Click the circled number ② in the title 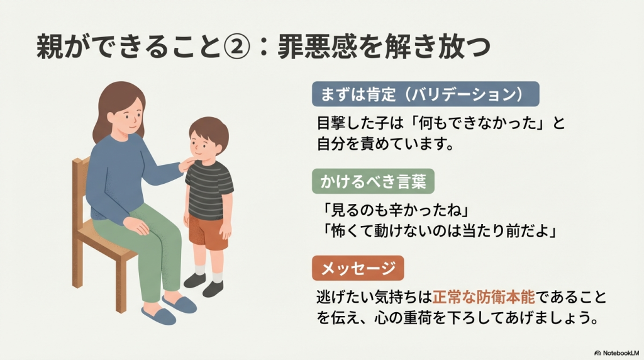[x=236, y=47]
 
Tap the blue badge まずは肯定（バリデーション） [x=426, y=94]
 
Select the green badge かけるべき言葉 [x=373, y=181]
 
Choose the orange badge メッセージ [x=358, y=268]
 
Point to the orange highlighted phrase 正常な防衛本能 [x=484, y=296]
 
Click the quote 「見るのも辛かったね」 [x=395, y=210]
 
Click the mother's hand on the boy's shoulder [x=186, y=165]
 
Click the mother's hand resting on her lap [x=136, y=225]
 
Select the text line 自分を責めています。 [x=386, y=143]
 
